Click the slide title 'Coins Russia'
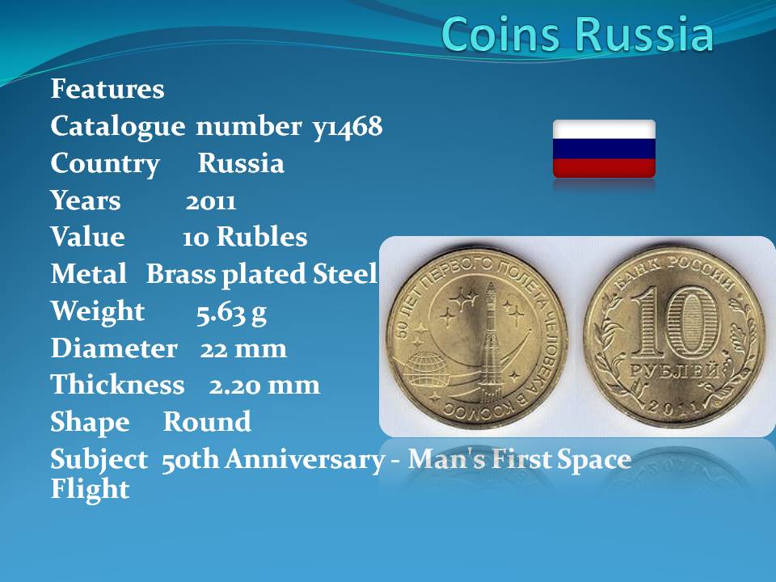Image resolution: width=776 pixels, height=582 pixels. click(x=577, y=34)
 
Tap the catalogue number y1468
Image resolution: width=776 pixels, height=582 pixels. click(x=348, y=127)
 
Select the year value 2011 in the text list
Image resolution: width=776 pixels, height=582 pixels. click(x=211, y=201)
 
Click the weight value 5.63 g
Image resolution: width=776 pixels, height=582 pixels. click(x=231, y=313)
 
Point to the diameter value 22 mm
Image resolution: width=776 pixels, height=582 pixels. click(x=243, y=349)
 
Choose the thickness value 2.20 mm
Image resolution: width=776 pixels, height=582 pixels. click(x=264, y=386)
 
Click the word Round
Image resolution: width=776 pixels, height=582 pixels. click(x=207, y=422)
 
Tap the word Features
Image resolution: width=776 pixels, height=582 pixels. click(x=108, y=89)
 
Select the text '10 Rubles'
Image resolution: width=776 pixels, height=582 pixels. click(x=244, y=237)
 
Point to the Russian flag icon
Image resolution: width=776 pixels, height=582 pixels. click(x=604, y=149)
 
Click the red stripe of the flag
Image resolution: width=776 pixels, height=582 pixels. click(x=604, y=168)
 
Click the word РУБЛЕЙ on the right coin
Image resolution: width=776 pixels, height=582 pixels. click(x=674, y=371)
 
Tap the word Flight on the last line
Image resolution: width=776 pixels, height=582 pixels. click(x=90, y=489)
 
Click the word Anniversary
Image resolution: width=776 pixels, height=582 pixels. click(x=305, y=460)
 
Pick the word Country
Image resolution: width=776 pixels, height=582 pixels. click(x=105, y=164)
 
